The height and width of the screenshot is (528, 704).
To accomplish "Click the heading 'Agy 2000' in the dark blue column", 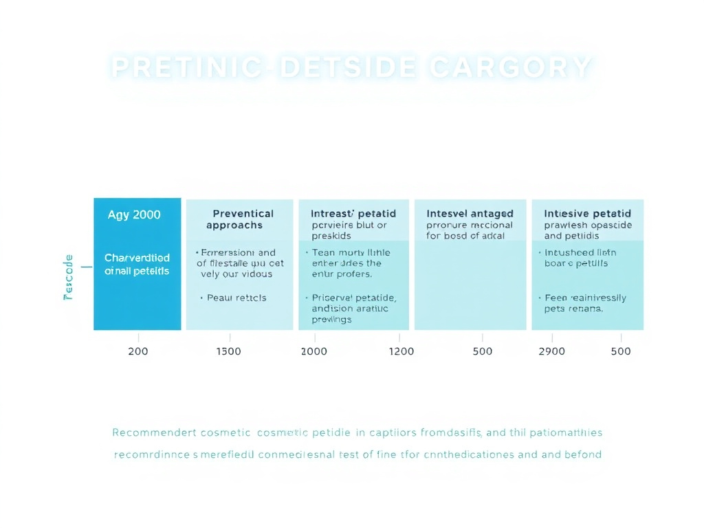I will tap(134, 214).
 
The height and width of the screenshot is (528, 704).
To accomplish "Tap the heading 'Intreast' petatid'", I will tap(353, 214).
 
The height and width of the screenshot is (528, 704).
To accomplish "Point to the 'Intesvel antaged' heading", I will tap(470, 214).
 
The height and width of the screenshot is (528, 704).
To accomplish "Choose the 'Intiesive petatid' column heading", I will tap(587, 214).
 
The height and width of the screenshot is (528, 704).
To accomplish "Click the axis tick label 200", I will tap(138, 351).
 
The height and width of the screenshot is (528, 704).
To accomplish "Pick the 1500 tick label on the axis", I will tap(229, 351).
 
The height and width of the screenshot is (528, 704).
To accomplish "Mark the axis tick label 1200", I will tap(401, 351).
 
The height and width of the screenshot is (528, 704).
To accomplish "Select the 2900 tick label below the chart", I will tap(551, 351).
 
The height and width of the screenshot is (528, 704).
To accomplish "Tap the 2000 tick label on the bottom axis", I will tap(315, 351).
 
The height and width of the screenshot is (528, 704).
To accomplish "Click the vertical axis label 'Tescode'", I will tap(68, 277).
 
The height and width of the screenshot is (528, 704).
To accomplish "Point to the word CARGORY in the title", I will tap(509, 67).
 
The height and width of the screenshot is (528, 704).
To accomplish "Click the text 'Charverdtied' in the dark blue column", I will tap(137, 258).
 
